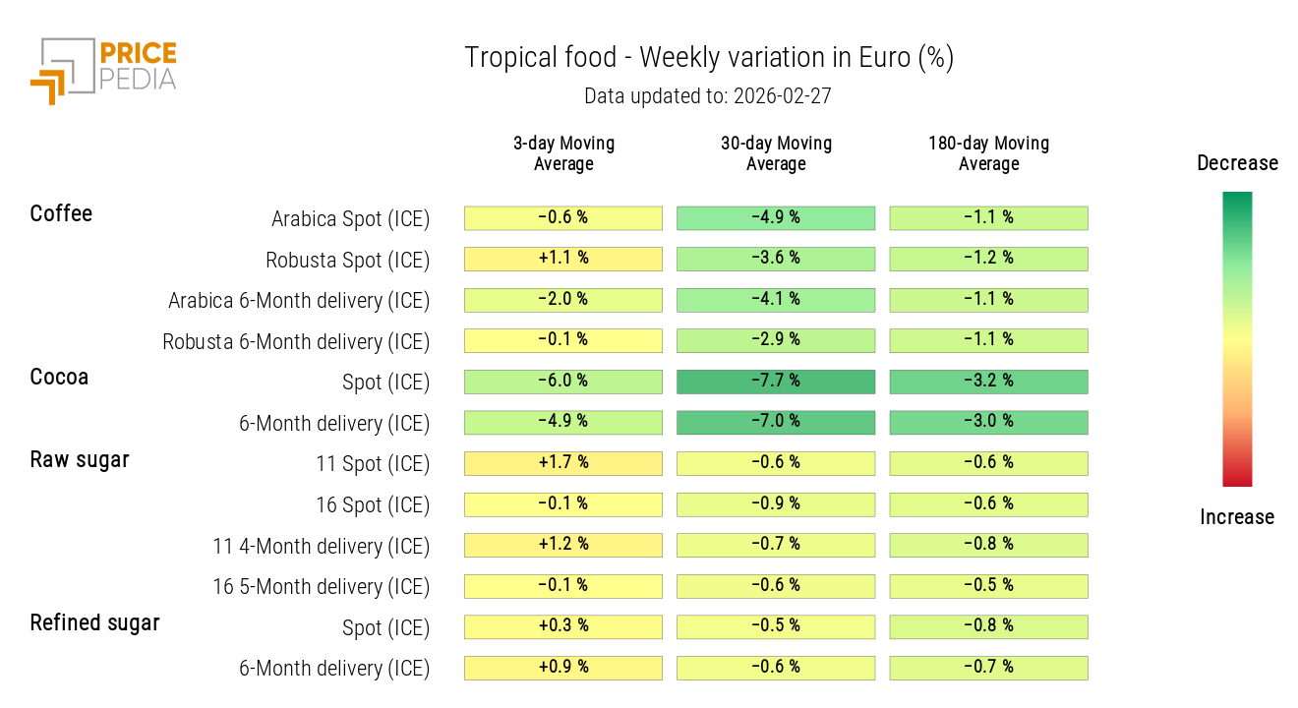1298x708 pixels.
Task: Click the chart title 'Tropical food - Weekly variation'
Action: pyautogui.click(x=708, y=58)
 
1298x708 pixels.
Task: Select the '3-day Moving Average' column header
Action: pyautogui.click(x=563, y=153)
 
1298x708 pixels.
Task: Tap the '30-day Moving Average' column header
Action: pyautogui.click(x=776, y=153)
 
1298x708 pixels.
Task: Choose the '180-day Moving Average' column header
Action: pyautogui.click(x=988, y=153)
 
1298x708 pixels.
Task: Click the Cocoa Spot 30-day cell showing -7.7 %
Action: pyautogui.click(x=776, y=382)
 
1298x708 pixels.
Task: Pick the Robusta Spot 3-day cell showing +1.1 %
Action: pyautogui.click(x=563, y=259)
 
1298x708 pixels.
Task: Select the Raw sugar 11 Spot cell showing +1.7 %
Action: pyautogui.click(x=563, y=463)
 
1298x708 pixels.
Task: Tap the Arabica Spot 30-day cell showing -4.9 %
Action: pyautogui.click(x=776, y=217)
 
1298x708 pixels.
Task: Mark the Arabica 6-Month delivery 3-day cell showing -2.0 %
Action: pyautogui.click(x=563, y=300)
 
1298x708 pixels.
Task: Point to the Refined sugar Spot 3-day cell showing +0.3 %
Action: pyautogui.click(x=563, y=626)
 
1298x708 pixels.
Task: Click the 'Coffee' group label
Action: pyautogui.click(x=61, y=214)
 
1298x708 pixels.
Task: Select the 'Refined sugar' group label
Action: pyautogui.click(x=94, y=622)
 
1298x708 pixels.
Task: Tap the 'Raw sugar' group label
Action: pyautogui.click(x=80, y=459)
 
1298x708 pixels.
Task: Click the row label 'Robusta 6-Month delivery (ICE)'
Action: pyautogui.click(x=296, y=342)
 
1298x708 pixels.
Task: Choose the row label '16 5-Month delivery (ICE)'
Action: pyautogui.click(x=321, y=587)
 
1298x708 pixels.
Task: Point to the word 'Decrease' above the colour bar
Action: pyautogui.click(x=1237, y=163)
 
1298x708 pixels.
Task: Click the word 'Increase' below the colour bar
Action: pyautogui.click(x=1237, y=517)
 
